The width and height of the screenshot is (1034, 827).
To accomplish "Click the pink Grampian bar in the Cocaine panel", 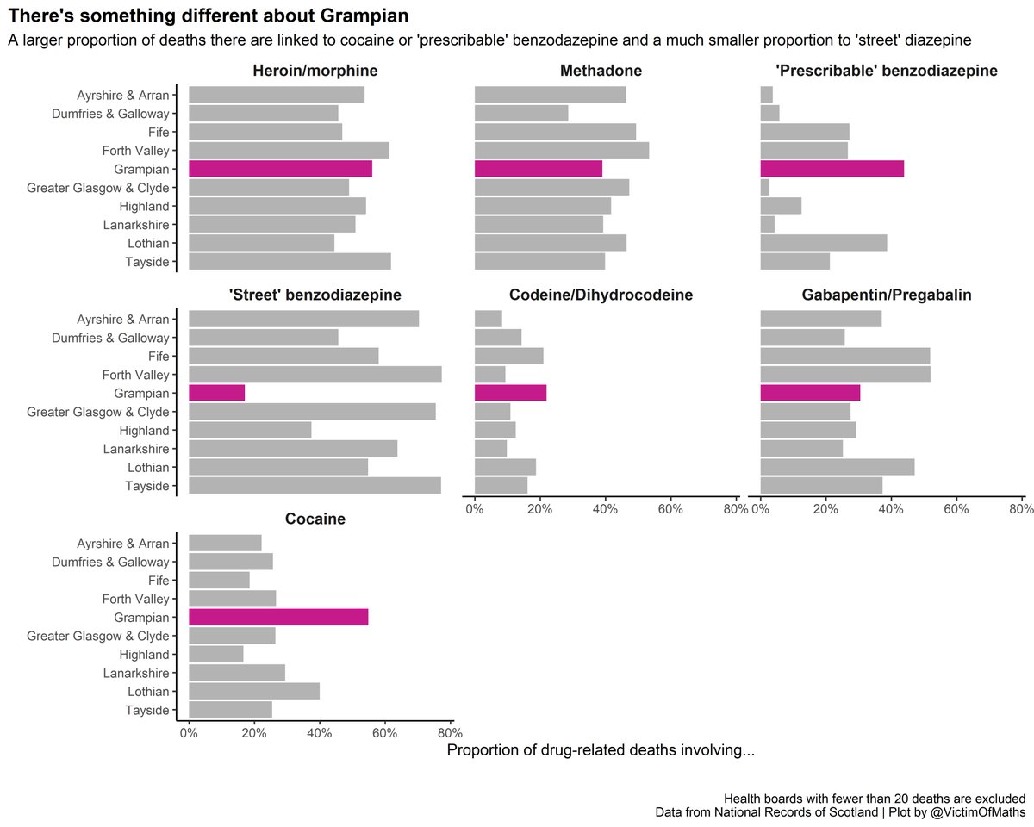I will point(278,617).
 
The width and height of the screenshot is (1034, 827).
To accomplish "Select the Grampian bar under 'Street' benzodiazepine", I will point(216,393).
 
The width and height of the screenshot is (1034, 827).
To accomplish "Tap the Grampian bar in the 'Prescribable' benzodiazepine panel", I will point(832,169).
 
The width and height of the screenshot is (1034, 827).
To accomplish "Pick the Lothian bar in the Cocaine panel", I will point(253,691).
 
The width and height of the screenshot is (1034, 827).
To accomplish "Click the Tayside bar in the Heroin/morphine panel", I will point(290,261).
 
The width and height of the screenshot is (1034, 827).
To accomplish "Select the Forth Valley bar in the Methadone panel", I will point(562,150).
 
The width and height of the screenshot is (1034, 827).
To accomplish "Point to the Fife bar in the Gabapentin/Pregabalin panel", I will point(845,356).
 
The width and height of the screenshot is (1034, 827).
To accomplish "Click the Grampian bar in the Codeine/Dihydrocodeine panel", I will point(510,393).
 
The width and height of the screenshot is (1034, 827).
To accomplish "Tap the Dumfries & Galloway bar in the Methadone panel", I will point(521,113).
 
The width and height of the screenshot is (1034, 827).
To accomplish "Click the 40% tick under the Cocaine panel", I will point(319,733).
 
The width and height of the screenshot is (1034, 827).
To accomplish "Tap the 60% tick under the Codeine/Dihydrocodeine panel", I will point(670,509).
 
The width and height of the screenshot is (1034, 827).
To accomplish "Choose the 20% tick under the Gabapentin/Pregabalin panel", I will point(825,509).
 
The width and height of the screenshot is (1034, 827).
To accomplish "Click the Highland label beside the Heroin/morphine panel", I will point(146,206).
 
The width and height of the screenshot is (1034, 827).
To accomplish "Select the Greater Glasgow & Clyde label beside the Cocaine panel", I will point(98,636).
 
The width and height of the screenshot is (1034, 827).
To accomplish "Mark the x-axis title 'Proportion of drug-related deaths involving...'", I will point(601,751).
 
